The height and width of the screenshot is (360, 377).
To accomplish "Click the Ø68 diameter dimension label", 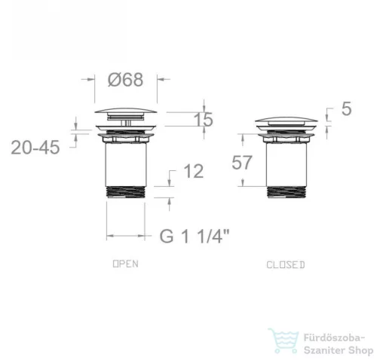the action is point(125,80).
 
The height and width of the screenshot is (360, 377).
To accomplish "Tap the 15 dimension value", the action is point(204,120).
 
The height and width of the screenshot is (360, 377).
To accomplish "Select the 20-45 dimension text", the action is point(35,148).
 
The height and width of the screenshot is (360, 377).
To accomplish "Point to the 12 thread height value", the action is point(194,172).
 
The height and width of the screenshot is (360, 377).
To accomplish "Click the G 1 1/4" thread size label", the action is point(195,236).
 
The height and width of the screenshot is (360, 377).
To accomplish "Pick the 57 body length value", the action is point(241,163).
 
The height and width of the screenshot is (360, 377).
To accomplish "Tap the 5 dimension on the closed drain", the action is point(346,109).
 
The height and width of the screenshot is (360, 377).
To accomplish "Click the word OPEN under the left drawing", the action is point(126,264).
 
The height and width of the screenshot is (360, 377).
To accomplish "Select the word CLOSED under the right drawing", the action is point(286,265).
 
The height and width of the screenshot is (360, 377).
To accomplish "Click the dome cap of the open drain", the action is point(126,111).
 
